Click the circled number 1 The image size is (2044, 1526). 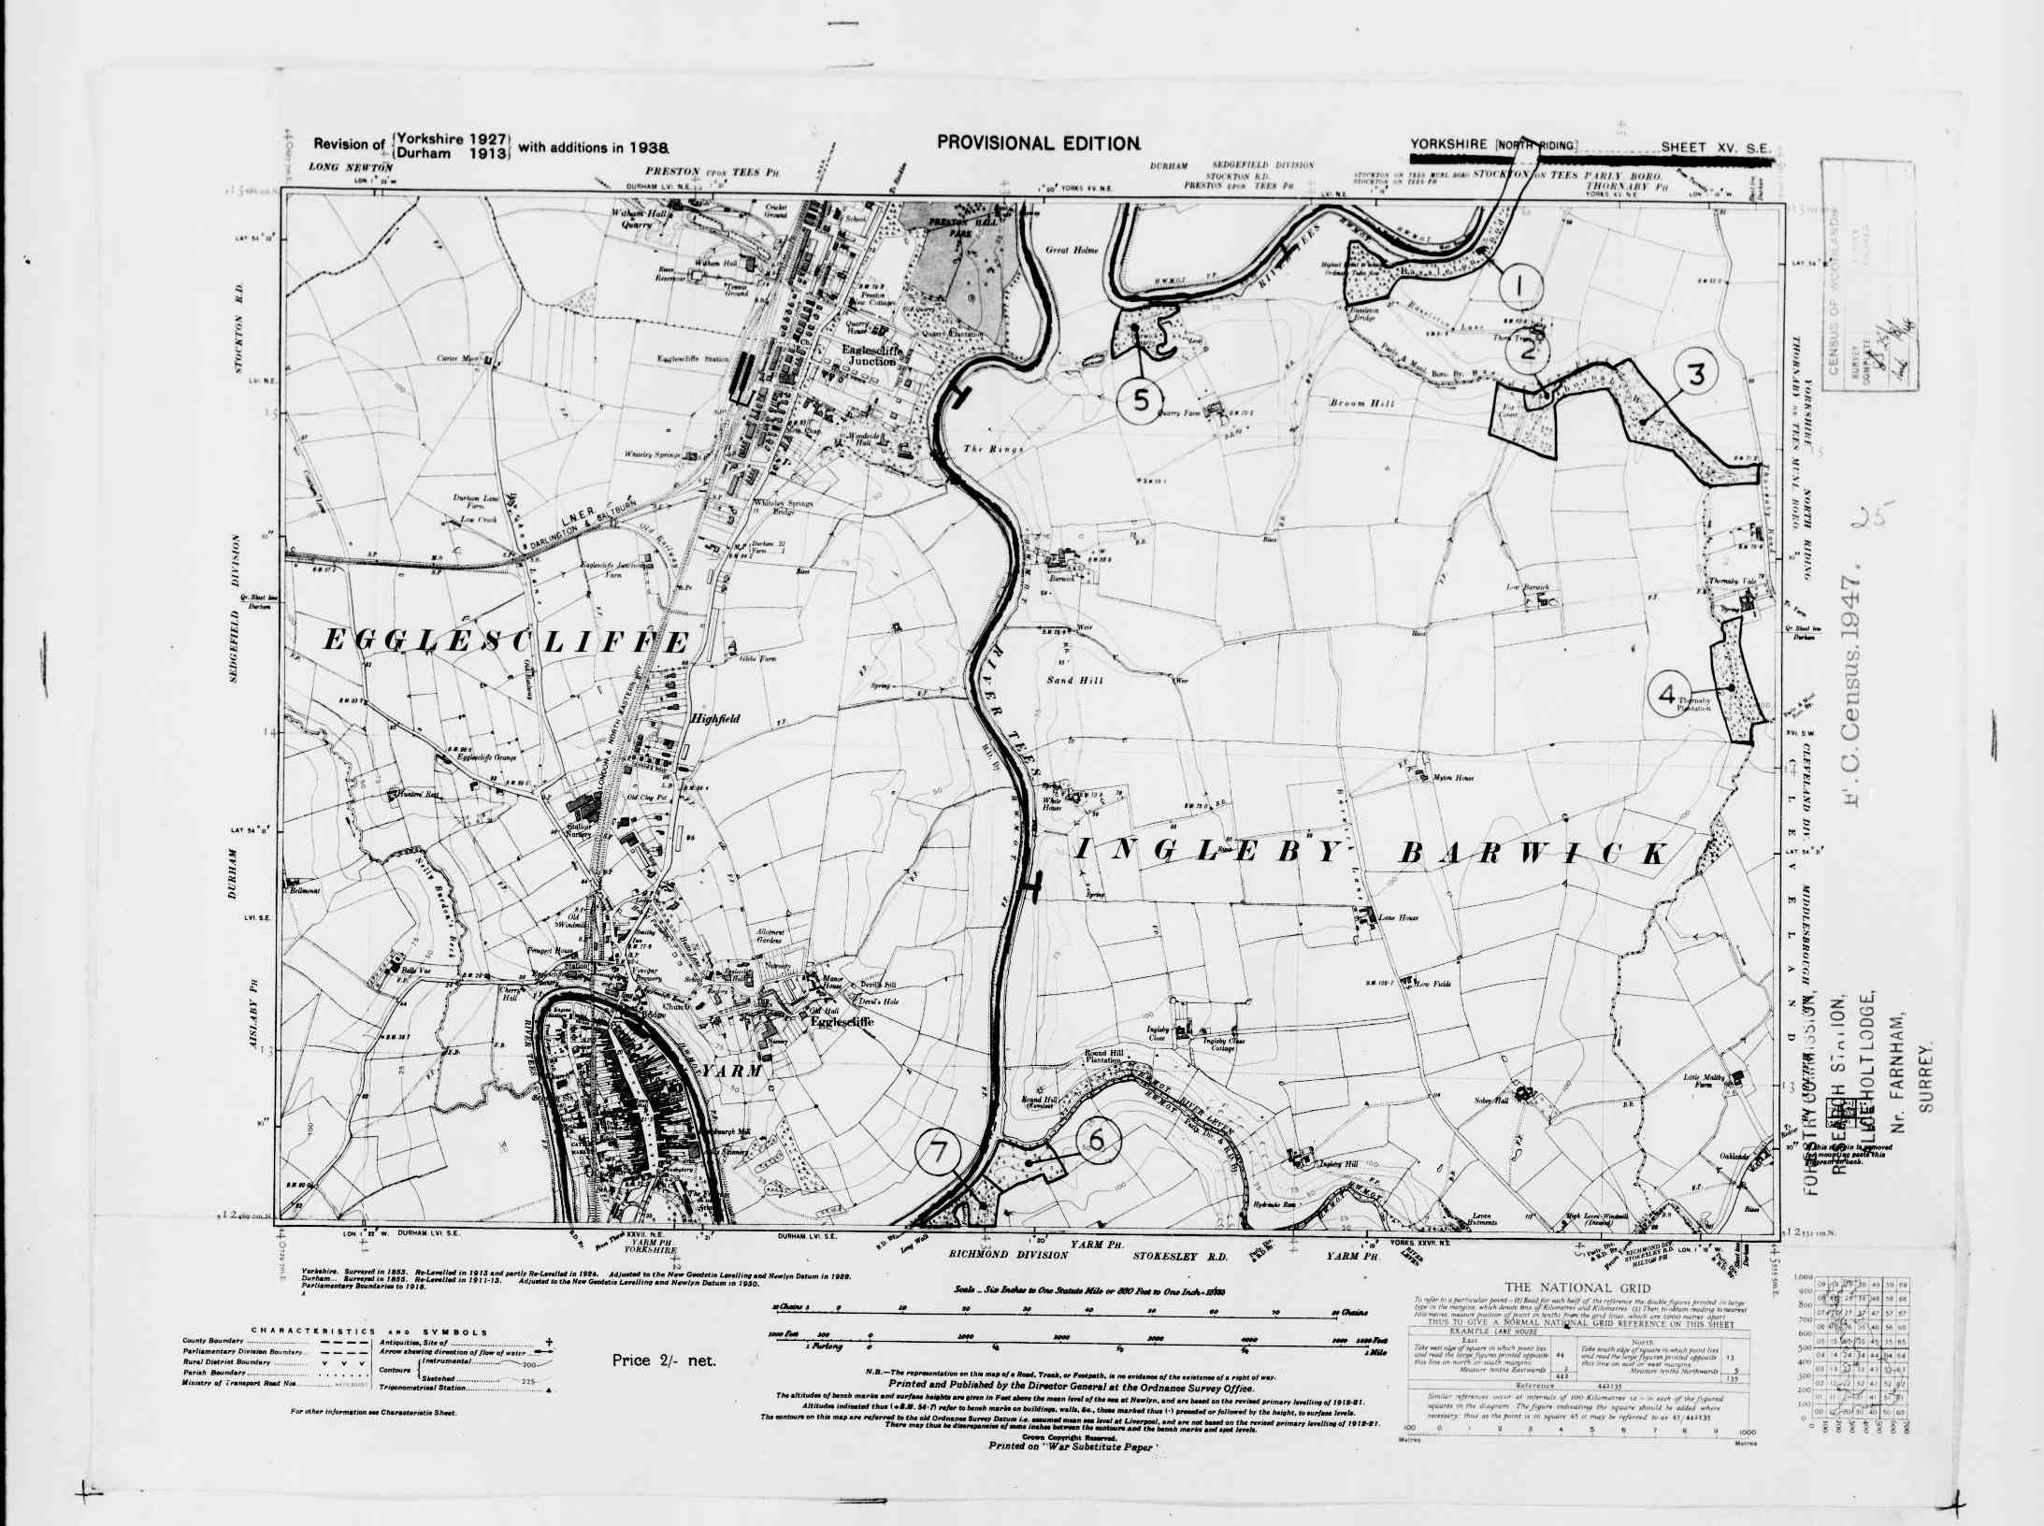click(1519, 287)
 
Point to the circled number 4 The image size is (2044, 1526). click(1667, 694)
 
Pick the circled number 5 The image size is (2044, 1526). click(1142, 399)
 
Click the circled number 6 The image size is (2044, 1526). click(1098, 1139)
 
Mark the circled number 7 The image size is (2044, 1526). click(939, 1151)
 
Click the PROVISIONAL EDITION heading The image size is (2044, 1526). click(1038, 143)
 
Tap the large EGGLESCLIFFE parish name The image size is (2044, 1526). click(506, 641)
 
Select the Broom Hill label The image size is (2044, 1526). click(1362, 403)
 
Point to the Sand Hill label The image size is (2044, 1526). click(1075, 680)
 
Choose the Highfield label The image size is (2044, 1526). click(715, 719)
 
